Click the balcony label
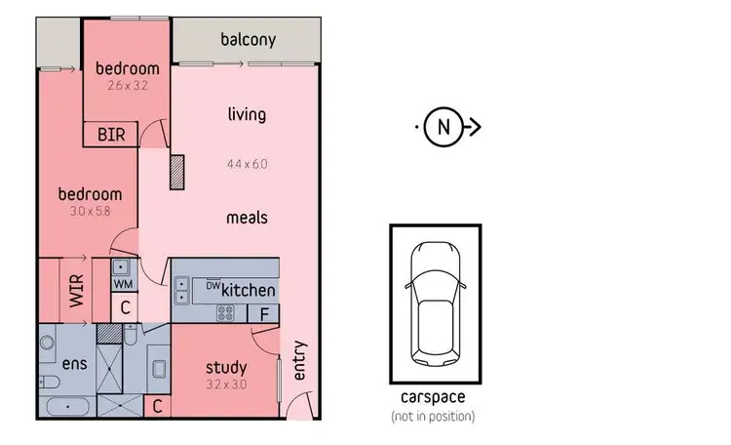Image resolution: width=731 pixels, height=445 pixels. pos(248,40)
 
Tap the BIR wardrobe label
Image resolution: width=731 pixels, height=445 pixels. pos(111,135)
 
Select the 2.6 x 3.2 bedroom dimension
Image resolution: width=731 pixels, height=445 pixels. pos(127,86)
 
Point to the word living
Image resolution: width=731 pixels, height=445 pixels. pos(247,114)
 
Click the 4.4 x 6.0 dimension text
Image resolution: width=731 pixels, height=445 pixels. pos(246,164)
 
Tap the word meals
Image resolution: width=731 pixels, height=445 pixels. pos(247,217)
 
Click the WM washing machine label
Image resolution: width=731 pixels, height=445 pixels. pos(123,284)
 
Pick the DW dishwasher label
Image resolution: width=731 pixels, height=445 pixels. pos(212,285)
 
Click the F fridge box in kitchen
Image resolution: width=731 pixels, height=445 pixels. pos(263,313)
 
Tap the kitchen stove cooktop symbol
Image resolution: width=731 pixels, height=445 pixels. pos(225,313)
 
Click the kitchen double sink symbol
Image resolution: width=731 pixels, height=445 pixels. pos(181,290)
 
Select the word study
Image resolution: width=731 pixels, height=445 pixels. pos(225,368)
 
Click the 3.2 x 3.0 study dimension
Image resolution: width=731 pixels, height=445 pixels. pos(225,384)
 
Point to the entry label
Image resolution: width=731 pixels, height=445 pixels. pos(298,359)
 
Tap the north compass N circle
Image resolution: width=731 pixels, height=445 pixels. pos(443,126)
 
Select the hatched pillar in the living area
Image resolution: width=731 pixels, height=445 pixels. pos(176,172)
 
